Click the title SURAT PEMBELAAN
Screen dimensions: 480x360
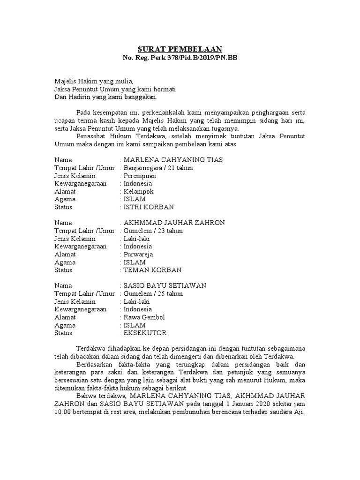[x=180, y=49]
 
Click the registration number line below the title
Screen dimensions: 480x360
[x=180, y=58]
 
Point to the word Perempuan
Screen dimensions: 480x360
[x=140, y=176]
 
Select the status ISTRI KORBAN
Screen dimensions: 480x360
[x=149, y=207]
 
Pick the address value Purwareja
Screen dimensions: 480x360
[x=139, y=255]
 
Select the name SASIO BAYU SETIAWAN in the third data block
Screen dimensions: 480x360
[x=165, y=285]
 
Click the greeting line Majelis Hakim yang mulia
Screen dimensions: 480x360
[x=94, y=81]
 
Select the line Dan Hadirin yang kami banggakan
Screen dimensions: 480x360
[x=106, y=97]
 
